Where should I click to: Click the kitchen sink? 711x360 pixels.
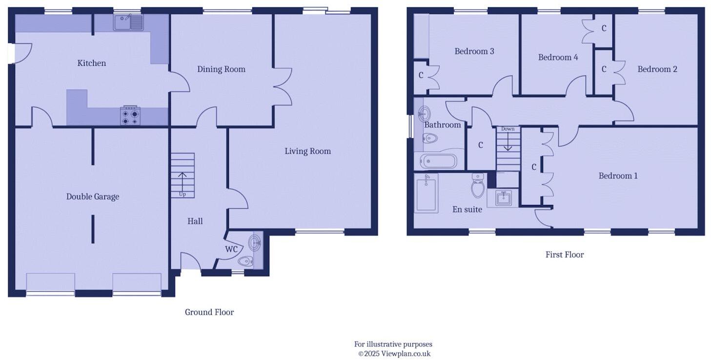[x=128, y=22]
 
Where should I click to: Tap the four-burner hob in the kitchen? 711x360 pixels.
[x=130, y=116]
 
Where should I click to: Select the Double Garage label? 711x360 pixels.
[x=93, y=197]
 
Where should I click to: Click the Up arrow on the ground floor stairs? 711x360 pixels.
[x=183, y=179]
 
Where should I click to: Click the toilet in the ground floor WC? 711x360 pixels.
[x=245, y=261]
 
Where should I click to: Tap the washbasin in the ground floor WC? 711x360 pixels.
[x=255, y=242]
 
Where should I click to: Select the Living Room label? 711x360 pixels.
[x=307, y=151]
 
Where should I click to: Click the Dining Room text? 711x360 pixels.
[x=221, y=69]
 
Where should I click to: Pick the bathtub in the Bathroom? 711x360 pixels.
[x=438, y=161]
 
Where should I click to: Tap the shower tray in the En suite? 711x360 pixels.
[x=426, y=194]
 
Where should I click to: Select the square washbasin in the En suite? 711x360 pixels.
[x=503, y=198]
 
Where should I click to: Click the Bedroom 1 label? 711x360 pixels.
[x=618, y=176]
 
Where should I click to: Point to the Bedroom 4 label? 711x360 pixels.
[x=558, y=58]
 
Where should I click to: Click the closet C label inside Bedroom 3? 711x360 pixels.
[x=421, y=76]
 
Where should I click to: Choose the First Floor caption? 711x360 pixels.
[x=564, y=255]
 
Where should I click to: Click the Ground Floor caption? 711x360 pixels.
[x=209, y=312]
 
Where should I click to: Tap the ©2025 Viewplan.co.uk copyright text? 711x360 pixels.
[x=394, y=354]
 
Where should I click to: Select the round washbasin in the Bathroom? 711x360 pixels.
[x=424, y=113]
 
